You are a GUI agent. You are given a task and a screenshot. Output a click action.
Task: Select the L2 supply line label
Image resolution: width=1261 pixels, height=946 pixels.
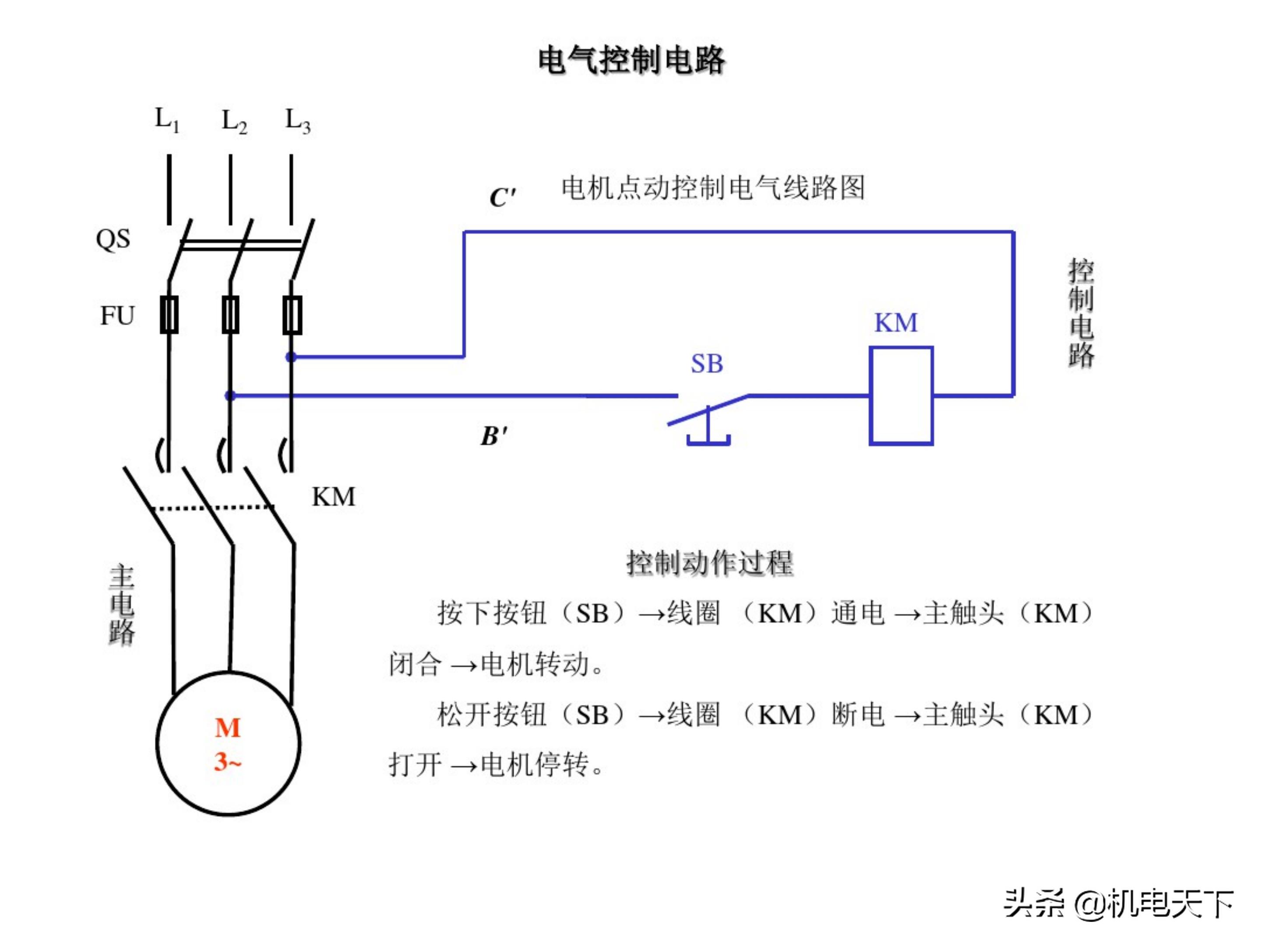coord(234,121)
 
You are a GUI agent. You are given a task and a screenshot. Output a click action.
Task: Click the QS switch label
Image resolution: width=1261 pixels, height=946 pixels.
coord(113,239)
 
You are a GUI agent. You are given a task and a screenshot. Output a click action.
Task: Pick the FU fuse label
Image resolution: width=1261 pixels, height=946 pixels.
coord(117,315)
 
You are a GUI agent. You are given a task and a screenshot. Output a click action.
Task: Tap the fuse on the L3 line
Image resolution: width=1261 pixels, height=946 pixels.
coord(292,315)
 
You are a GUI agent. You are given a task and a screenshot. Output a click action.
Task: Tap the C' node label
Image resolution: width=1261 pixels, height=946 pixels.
coord(502,197)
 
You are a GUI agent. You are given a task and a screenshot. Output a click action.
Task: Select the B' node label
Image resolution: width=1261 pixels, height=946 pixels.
coord(494,436)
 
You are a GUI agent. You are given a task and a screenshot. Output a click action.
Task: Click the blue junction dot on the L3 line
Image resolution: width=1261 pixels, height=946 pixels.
coord(291,357)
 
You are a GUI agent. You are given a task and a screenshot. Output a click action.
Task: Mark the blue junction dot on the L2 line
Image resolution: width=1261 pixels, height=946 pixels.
coord(230,395)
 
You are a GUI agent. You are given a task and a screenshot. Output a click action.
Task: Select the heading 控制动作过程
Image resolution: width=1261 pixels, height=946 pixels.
coord(709,563)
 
